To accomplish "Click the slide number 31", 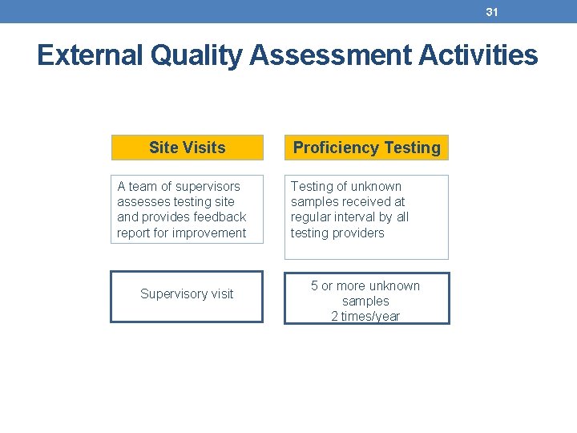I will point(491,12).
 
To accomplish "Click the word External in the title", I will point(87,55).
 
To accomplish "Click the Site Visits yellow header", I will point(187,148).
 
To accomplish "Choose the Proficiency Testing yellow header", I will point(366,148).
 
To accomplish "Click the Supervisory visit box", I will point(187,294).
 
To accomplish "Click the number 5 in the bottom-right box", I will point(315,286).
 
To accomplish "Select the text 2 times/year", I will point(365,317).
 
